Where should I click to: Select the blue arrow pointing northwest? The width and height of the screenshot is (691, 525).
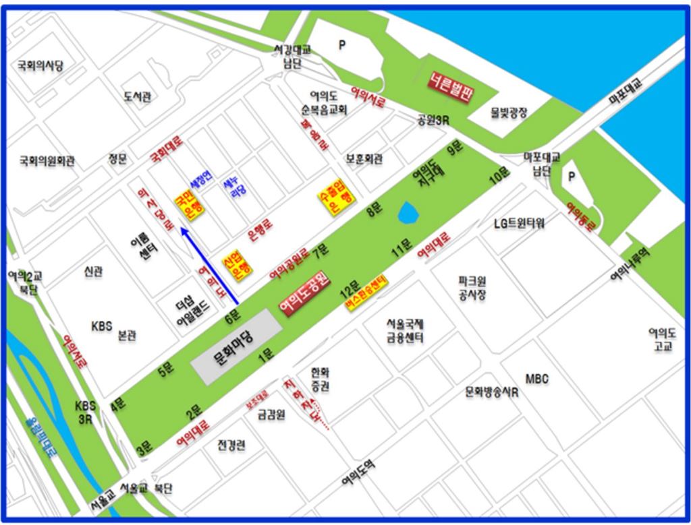209,265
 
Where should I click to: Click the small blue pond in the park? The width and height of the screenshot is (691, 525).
408,214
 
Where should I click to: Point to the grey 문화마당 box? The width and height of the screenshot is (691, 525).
236,348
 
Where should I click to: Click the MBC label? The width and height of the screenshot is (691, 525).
537,379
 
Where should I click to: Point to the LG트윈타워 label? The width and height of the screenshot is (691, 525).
519,223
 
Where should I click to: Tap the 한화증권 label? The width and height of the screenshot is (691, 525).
321,379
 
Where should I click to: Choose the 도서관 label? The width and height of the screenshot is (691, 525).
138,96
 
